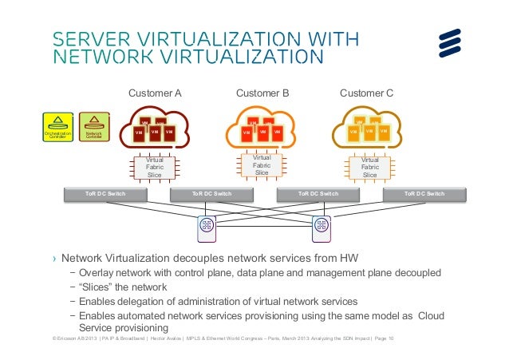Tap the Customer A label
[x=156, y=93]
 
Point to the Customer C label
[x=366, y=93]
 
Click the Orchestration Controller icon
[x=57, y=127]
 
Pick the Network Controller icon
[x=94, y=127]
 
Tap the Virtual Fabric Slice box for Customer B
[x=262, y=165]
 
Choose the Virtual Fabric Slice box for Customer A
[x=154, y=167]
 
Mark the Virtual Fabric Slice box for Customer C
[x=369, y=167]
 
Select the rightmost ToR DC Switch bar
[x=424, y=193]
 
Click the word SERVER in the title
[x=87, y=39]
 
